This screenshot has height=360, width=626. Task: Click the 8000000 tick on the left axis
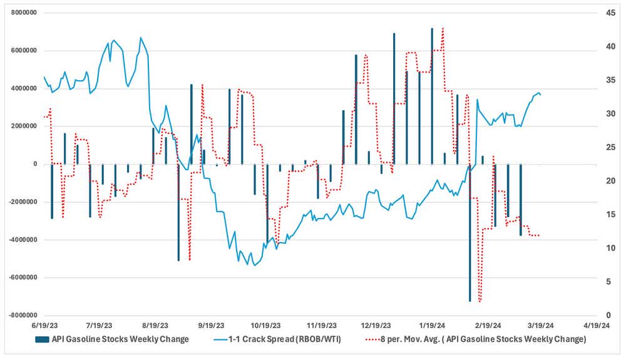tap(21, 13)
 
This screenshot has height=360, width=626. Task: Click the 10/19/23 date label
tap(264, 326)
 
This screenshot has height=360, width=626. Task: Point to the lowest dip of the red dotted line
tap(480, 302)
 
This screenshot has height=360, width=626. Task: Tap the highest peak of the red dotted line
tap(443, 28)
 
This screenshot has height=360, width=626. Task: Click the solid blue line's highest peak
tap(140, 38)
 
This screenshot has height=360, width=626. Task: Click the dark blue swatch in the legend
tap(41, 339)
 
